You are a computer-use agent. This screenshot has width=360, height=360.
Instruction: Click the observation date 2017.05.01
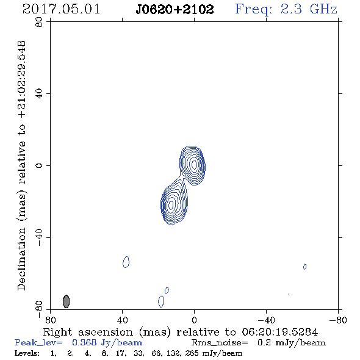coord(61,9)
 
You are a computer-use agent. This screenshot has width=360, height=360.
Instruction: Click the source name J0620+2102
coord(175,9)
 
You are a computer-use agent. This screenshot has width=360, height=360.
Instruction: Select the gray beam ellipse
coord(66,301)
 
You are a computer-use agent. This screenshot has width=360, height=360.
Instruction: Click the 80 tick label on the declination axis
coord(39,22)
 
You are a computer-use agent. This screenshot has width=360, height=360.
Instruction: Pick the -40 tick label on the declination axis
coord(39,237)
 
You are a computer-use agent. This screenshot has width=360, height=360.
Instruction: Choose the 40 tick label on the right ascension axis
coord(122,320)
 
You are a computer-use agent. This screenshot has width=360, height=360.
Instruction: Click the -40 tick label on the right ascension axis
coord(266,320)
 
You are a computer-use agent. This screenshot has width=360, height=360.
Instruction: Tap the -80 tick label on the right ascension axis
coord(338,320)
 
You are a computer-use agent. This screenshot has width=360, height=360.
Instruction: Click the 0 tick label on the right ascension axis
coord(194,320)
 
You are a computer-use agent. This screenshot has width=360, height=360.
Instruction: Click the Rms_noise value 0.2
coord(264,342)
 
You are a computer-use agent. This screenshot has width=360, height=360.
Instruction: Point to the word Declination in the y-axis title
coord(21,259)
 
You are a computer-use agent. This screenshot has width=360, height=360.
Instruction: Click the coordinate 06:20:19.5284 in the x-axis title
coord(280,332)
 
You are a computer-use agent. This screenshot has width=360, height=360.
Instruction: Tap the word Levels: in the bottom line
coord(27,353)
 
